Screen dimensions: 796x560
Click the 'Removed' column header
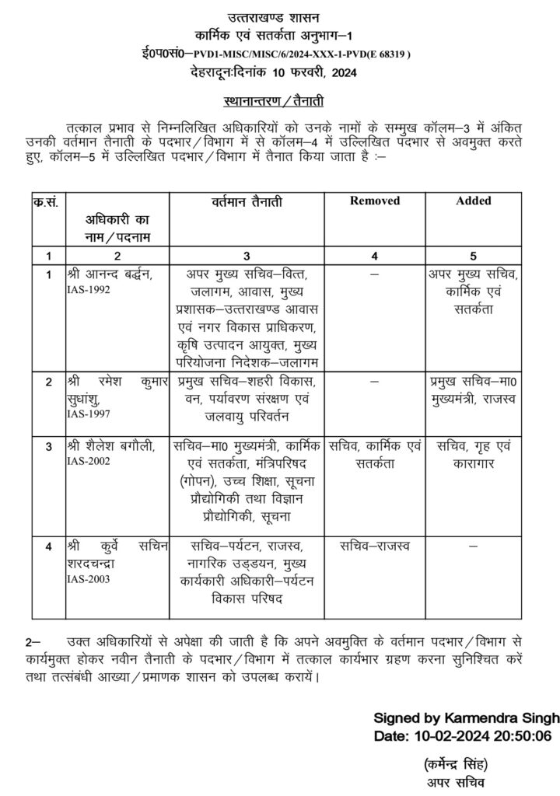(x=374, y=201)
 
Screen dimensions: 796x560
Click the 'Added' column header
(x=474, y=201)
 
